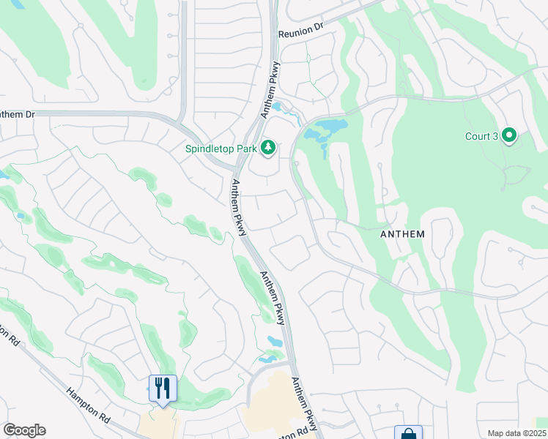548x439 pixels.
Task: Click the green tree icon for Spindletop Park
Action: tap(269, 149)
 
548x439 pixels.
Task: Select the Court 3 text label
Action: tap(481, 136)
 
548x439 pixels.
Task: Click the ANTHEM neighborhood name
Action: tap(403, 234)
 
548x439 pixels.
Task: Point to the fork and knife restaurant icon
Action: tap(162, 388)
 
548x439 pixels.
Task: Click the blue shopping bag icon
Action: tap(408, 434)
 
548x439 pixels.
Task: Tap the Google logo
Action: tap(24, 430)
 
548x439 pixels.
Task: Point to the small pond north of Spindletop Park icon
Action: tap(278, 108)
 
